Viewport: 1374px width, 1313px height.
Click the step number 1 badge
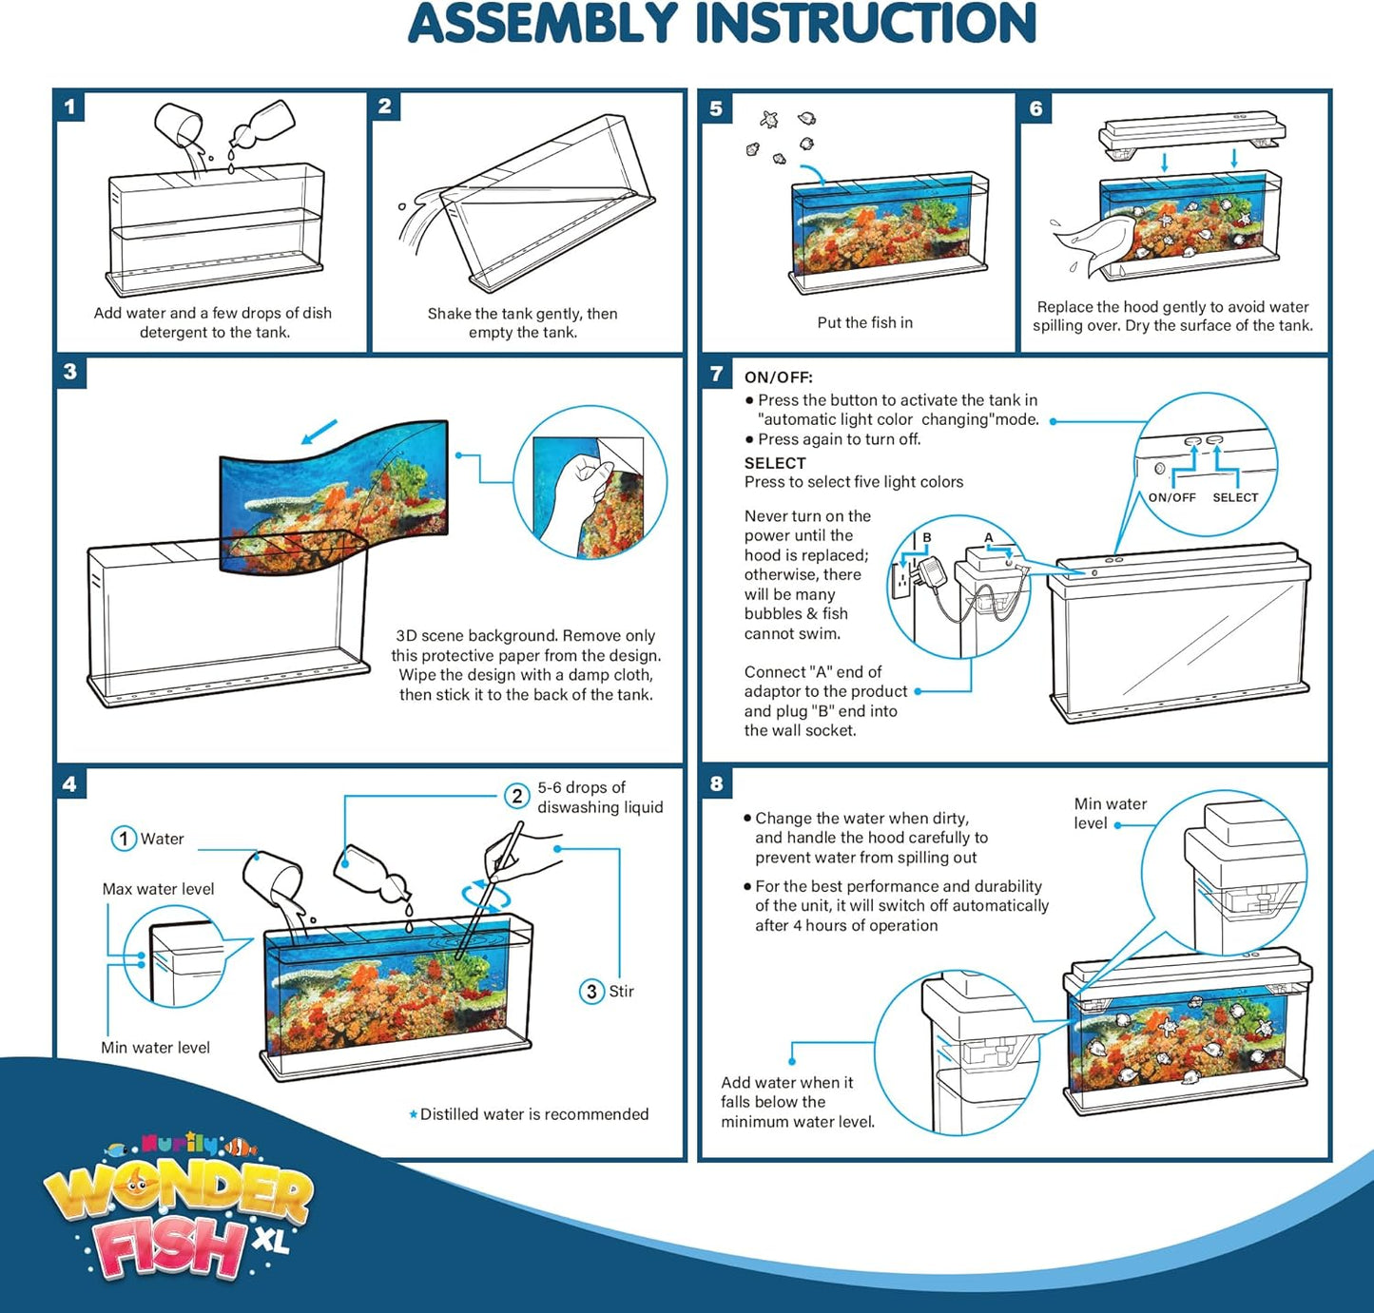tap(69, 106)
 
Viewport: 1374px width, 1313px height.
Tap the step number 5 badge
tap(716, 108)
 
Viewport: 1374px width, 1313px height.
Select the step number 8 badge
tap(716, 783)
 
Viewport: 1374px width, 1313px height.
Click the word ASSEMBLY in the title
tap(543, 24)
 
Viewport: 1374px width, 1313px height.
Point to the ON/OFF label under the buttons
tap(1171, 497)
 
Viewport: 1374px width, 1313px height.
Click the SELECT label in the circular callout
tap(1235, 497)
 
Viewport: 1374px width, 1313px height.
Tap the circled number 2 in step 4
tap(517, 797)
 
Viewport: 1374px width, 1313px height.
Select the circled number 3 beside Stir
tap(591, 991)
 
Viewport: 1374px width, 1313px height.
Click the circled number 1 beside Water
tap(124, 838)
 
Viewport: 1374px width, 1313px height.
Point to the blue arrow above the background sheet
tap(319, 432)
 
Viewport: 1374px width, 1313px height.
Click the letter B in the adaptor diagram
tap(926, 537)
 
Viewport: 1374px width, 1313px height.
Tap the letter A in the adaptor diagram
tap(989, 537)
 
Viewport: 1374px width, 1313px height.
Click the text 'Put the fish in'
tap(864, 322)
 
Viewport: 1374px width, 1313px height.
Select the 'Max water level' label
tap(158, 889)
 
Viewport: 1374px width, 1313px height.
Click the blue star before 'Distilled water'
tap(413, 1114)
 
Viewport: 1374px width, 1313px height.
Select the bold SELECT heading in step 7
tap(775, 463)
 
